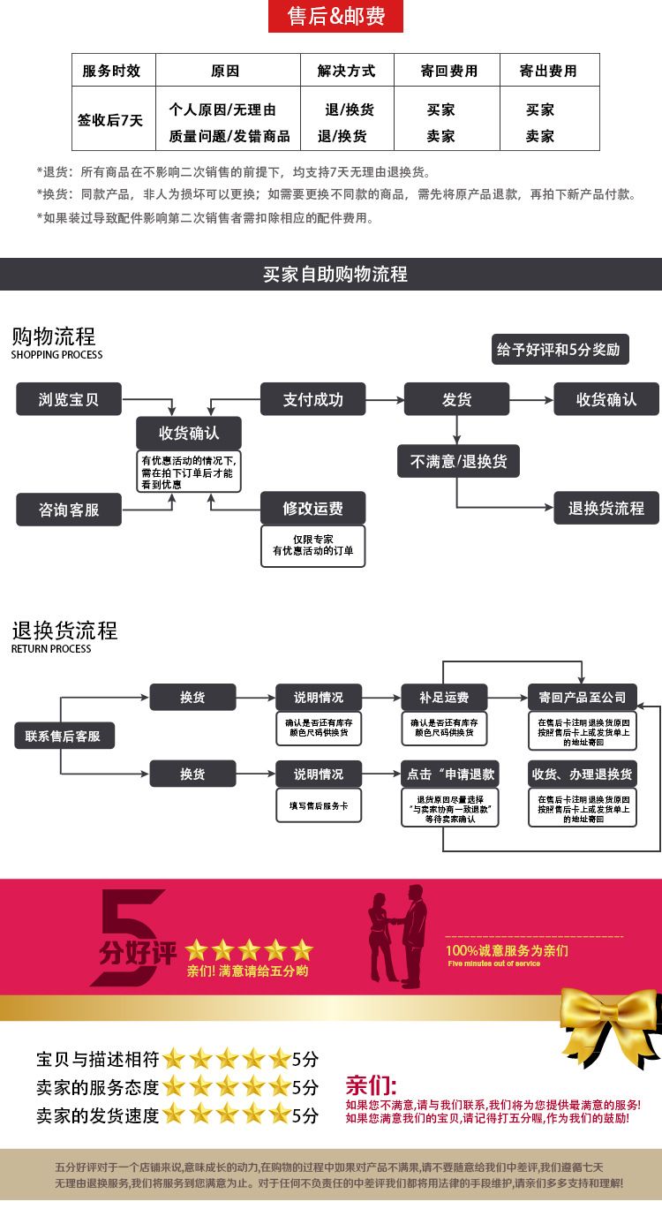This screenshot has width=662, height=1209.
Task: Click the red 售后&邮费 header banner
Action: [335, 16]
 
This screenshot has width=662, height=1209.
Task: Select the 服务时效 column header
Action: [112, 71]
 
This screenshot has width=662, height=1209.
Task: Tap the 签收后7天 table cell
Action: [112, 120]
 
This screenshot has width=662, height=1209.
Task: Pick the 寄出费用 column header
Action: [548, 71]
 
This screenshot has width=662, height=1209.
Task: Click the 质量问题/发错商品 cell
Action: [229, 136]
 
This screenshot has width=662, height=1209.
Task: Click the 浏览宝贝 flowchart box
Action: [69, 399]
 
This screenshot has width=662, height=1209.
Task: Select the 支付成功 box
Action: [312, 399]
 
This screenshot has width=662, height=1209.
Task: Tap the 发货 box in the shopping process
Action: [456, 399]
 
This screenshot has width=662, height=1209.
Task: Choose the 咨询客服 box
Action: [69, 510]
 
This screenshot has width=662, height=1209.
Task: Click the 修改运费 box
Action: [312, 509]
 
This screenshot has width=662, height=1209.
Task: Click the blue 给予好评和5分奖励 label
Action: [559, 350]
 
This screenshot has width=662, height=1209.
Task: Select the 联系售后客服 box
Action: [64, 736]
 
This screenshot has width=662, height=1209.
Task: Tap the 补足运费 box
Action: [445, 698]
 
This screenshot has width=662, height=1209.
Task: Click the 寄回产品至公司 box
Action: [582, 698]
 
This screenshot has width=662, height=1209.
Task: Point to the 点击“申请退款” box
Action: [450, 775]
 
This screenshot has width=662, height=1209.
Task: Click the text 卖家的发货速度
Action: [97, 1115]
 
